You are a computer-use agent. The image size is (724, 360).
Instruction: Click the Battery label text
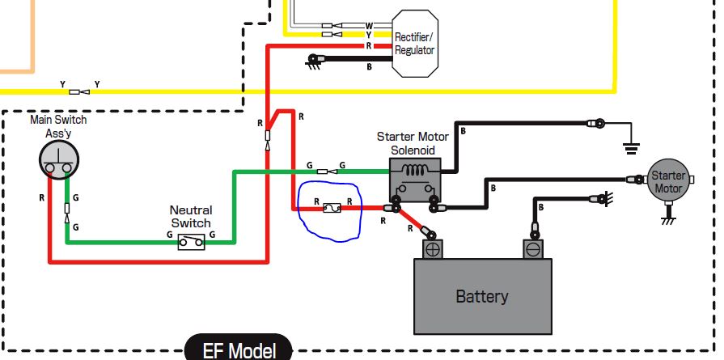click(481, 296)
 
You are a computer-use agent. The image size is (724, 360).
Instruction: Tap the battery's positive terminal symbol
click(433, 249)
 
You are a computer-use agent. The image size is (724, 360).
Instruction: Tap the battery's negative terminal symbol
click(533, 249)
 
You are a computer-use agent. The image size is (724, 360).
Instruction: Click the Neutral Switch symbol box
click(191, 241)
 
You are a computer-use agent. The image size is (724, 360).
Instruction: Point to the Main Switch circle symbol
click(58, 159)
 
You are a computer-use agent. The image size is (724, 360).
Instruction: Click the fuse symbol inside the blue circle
click(332, 208)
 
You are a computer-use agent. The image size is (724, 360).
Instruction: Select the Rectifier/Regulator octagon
click(415, 44)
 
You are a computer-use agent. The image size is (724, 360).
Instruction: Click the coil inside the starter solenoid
click(415, 171)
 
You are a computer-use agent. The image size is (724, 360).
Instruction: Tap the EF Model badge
click(239, 348)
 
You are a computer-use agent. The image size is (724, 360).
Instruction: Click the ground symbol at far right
click(631, 148)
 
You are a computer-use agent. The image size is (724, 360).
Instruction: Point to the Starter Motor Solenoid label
click(413, 143)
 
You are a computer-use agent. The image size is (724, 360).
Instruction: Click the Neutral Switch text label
click(191, 217)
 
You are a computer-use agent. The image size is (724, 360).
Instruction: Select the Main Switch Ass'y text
click(58, 126)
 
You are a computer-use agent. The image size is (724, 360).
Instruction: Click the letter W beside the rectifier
click(368, 25)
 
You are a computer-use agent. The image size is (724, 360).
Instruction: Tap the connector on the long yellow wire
click(79, 92)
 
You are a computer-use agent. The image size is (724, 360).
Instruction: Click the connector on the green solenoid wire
click(328, 172)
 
